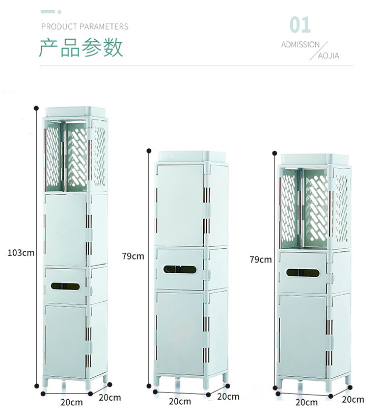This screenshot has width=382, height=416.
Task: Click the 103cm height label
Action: click(x=21, y=252)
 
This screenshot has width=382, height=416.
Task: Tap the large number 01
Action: click(x=300, y=24)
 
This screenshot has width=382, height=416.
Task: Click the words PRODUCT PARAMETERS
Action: click(x=85, y=27)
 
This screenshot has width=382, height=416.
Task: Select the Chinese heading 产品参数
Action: click(x=81, y=48)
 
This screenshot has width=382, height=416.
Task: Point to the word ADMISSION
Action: click(x=301, y=45)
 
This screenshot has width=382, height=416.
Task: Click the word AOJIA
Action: click(x=329, y=56)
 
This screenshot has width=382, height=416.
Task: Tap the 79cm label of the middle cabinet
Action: click(x=133, y=256)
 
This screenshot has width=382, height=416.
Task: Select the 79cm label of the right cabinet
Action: click(x=261, y=259)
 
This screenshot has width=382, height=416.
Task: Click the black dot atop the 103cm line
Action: click(x=36, y=108)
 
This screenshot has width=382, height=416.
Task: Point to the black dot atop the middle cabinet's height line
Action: click(x=148, y=150)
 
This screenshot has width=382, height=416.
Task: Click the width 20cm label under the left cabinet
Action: click(x=72, y=402)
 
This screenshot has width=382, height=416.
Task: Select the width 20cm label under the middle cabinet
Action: click(x=180, y=401)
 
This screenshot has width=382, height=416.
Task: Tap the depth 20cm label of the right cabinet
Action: click(x=352, y=399)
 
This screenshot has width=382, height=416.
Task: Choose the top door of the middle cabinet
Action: click(x=180, y=204)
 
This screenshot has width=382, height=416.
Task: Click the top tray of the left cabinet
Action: click(x=75, y=111)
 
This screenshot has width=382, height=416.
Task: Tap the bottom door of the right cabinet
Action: click(x=303, y=334)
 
